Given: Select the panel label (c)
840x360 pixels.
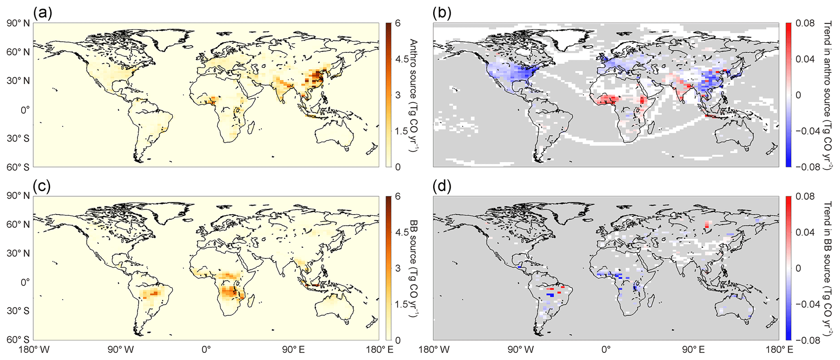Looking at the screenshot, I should (43, 187).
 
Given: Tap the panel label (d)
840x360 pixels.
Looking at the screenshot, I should (442, 187).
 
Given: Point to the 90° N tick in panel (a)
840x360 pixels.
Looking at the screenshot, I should (17, 24).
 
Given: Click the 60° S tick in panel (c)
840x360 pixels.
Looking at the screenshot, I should (17, 340).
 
